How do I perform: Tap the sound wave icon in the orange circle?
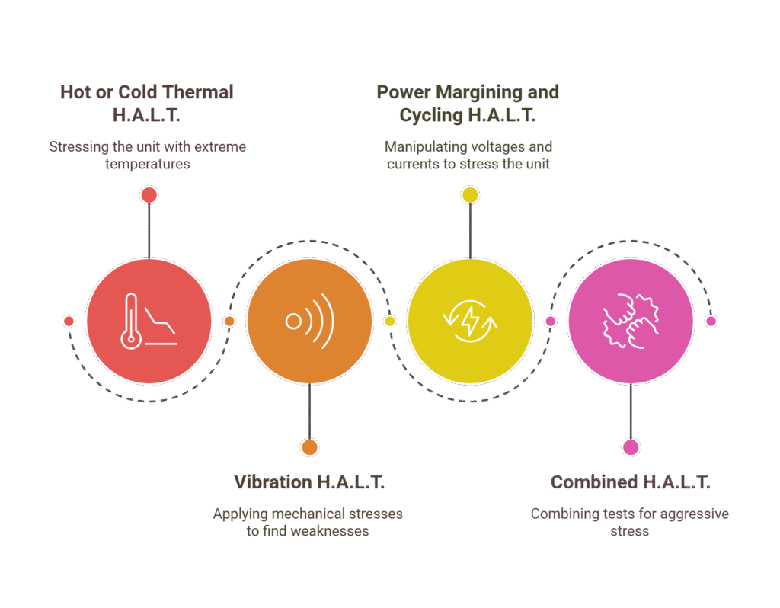309,321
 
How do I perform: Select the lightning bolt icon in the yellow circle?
470,321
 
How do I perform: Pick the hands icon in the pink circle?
631,321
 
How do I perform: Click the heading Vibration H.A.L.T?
309,482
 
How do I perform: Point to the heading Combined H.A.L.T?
630,482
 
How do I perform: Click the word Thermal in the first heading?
197,92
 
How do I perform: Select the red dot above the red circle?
149,195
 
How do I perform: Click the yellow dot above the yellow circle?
470,195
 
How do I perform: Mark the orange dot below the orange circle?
309,447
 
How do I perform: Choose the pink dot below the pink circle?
631,447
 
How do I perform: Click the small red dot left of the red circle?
69,321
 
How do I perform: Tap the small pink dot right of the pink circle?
711,321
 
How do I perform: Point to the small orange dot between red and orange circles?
229,321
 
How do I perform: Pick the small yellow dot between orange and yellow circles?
390,321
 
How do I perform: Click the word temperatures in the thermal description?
147,164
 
